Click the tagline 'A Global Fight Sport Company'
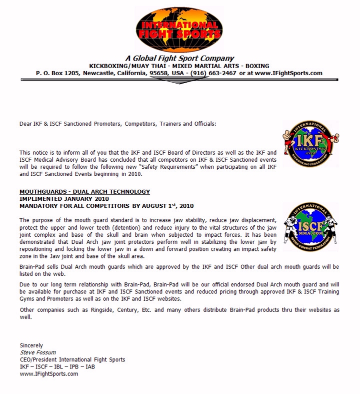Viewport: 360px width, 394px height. tap(179, 58)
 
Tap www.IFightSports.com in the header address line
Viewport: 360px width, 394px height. tap(288, 73)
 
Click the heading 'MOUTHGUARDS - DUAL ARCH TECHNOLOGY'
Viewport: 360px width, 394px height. tap(84, 192)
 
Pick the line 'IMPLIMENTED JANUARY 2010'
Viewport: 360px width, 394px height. tap(61, 199)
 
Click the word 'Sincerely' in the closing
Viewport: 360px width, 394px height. tap(31, 345)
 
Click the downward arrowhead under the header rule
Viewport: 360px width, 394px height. tap(179, 81)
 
